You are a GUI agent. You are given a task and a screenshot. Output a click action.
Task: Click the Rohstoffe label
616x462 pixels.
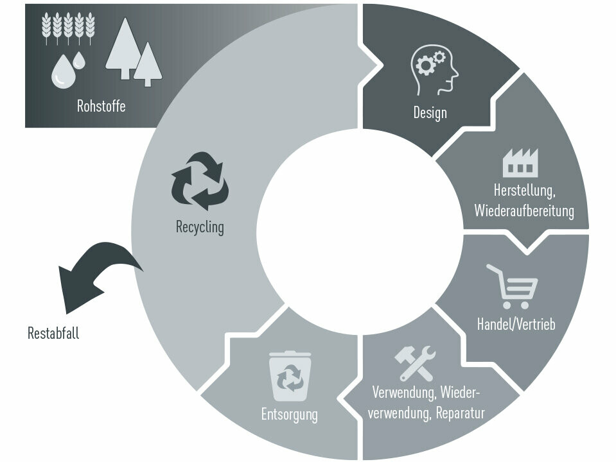pyautogui.click(x=101, y=107)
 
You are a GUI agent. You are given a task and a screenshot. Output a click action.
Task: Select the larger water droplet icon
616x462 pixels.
pyautogui.click(x=63, y=71)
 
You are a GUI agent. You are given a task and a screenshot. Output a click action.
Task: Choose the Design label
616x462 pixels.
pyautogui.click(x=430, y=114)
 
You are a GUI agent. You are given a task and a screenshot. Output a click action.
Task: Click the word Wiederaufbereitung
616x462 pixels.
pyautogui.click(x=524, y=210)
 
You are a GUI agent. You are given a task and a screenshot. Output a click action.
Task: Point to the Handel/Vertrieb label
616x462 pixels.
pyautogui.click(x=515, y=324)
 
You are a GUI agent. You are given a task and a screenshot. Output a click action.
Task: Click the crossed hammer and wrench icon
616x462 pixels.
pyautogui.click(x=414, y=364)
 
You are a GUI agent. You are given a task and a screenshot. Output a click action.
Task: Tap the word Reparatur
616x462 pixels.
pyautogui.click(x=460, y=413)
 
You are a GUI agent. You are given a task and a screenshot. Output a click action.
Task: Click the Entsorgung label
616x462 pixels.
pyautogui.click(x=289, y=414)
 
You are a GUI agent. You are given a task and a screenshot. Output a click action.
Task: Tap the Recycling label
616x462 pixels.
pyautogui.click(x=200, y=227)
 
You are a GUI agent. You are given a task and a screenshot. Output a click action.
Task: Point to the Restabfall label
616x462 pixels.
pyautogui.click(x=53, y=333)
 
